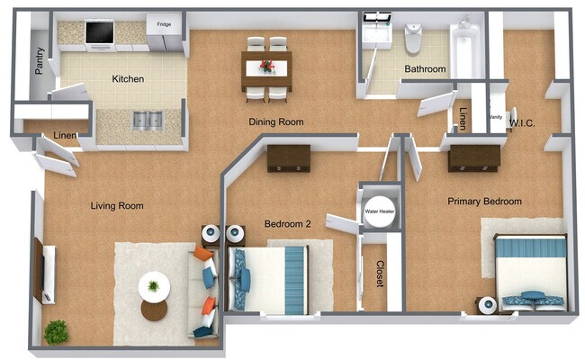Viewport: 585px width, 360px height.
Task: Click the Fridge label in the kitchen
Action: [x=164, y=24]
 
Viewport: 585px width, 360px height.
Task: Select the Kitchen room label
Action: [x=128, y=79]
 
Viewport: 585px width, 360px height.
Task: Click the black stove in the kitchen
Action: [x=99, y=33]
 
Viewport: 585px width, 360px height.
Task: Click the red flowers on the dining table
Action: [x=266, y=66]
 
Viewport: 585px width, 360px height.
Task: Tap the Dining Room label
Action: [x=276, y=121]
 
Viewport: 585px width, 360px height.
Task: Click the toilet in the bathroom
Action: [x=413, y=38]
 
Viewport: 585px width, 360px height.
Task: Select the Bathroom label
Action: [x=425, y=68]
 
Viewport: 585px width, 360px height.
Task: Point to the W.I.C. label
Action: [x=523, y=122]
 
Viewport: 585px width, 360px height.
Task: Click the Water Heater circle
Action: [x=379, y=212]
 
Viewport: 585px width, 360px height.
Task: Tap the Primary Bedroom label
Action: [x=485, y=202]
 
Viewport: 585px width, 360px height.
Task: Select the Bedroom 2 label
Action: [x=287, y=223]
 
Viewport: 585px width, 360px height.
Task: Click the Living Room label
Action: [x=117, y=206]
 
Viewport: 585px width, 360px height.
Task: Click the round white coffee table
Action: [x=154, y=287]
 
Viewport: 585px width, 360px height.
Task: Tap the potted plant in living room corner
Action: [x=56, y=331]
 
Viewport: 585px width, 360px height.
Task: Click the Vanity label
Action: [x=495, y=117]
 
